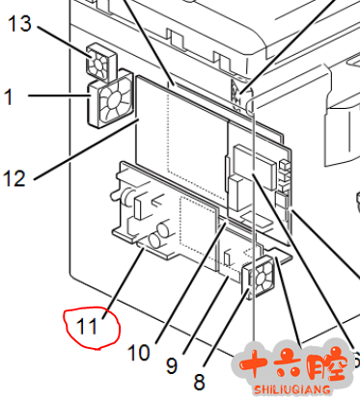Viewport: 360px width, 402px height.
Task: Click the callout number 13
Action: pyautogui.click(x=19, y=24)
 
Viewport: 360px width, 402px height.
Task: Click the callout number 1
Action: pyautogui.click(x=9, y=96)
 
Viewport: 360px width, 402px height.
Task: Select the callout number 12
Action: pyautogui.click(x=14, y=178)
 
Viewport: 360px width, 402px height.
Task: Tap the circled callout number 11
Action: pyautogui.click(x=87, y=327)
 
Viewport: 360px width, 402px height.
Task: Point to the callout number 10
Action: pyautogui.click(x=139, y=353)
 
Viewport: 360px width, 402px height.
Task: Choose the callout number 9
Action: pyautogui.click(x=172, y=365)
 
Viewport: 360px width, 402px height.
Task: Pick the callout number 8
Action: pyautogui.click(x=199, y=382)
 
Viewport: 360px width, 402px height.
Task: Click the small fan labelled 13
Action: pyautogui.click(x=100, y=61)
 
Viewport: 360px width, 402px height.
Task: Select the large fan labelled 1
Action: pyautogui.click(x=111, y=99)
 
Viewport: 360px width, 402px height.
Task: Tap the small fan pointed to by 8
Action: pyautogui.click(x=259, y=277)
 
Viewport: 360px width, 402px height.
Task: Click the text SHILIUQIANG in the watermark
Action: pyautogui.click(x=292, y=389)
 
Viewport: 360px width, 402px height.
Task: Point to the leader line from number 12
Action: pyautogui.click(x=86, y=149)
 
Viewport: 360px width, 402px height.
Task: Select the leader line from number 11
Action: pyautogui.click(x=123, y=283)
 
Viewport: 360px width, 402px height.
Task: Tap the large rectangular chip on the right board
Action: pyautogui.click(x=255, y=167)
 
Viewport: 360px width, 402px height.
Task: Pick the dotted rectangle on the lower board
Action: pyautogui.click(x=197, y=224)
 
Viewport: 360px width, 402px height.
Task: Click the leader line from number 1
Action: pyautogui.click(x=59, y=95)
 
